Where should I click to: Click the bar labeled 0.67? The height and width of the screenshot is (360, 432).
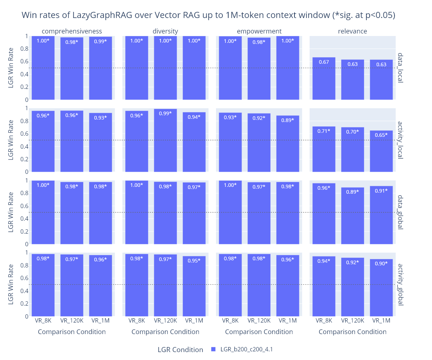tap(324, 79)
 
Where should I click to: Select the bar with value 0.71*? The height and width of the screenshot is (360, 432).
tap(324, 149)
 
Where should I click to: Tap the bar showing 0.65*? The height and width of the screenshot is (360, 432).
tap(381, 151)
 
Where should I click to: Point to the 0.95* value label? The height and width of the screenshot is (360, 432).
tap(194, 261)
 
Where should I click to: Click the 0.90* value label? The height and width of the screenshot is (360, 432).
tap(381, 264)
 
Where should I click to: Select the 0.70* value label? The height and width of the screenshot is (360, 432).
tap(352, 132)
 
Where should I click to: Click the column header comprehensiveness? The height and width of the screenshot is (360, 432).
tap(72, 31)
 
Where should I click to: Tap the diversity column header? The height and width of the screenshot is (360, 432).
tap(165, 31)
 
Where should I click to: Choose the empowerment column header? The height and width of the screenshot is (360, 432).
tap(259, 31)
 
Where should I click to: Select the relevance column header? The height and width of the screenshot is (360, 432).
tap(352, 31)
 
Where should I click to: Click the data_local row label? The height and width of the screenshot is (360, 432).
tap(400, 68)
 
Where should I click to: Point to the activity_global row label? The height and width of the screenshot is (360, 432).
tap(400, 284)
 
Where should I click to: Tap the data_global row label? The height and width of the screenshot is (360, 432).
tap(400, 212)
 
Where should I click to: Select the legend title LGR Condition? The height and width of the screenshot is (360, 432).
tap(180, 350)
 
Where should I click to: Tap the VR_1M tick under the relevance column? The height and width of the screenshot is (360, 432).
tap(381, 320)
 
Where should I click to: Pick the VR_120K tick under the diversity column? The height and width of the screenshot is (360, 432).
tap(165, 320)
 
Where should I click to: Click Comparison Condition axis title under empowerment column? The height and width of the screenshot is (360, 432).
tap(259, 332)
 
